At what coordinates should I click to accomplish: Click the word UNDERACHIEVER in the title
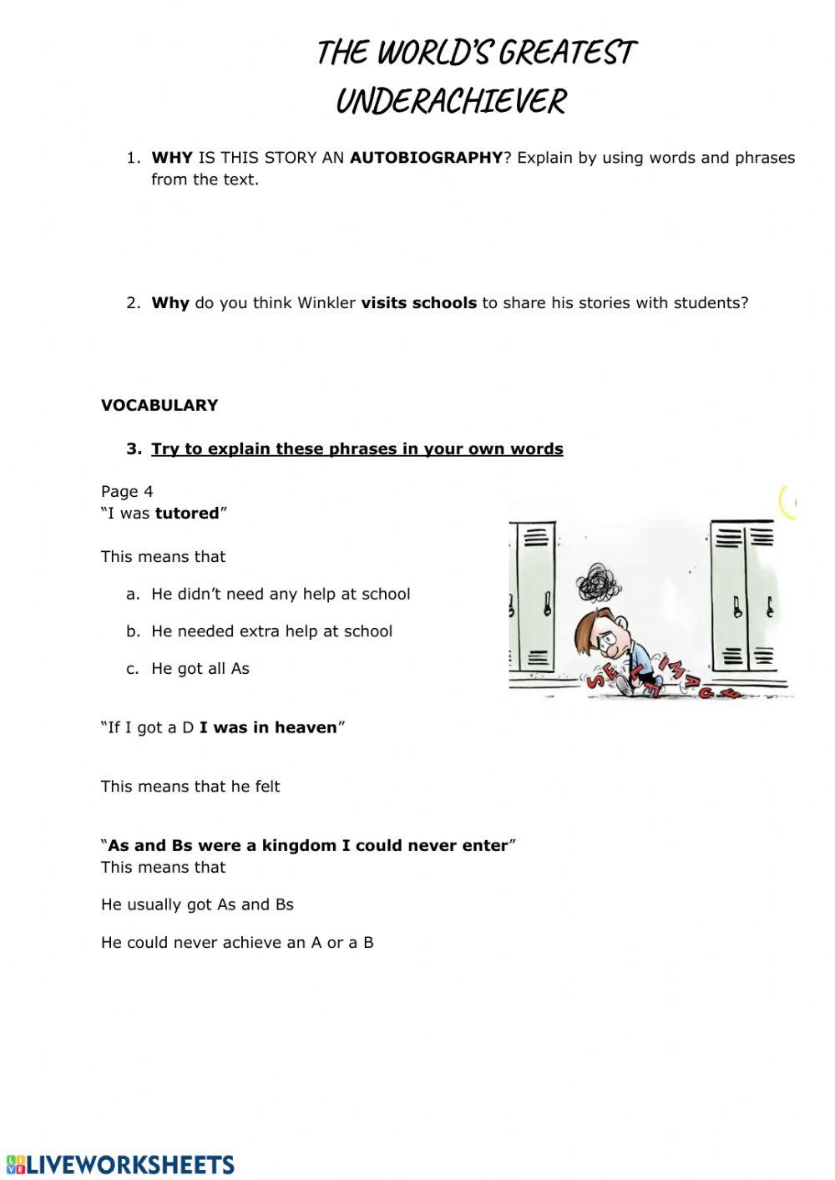451,102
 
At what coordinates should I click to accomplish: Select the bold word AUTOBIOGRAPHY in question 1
426,158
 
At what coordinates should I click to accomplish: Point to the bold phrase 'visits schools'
418,303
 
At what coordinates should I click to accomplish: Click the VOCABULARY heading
159,405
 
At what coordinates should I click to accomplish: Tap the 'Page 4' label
127,492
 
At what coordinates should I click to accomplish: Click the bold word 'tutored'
187,514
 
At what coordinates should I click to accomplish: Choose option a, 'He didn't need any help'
280,594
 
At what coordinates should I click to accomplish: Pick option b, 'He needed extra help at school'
271,631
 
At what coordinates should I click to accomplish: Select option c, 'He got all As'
200,669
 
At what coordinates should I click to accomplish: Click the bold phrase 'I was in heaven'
268,727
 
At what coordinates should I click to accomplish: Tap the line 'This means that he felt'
190,787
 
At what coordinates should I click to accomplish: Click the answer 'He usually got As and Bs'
197,904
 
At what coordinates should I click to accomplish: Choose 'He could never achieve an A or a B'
237,943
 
